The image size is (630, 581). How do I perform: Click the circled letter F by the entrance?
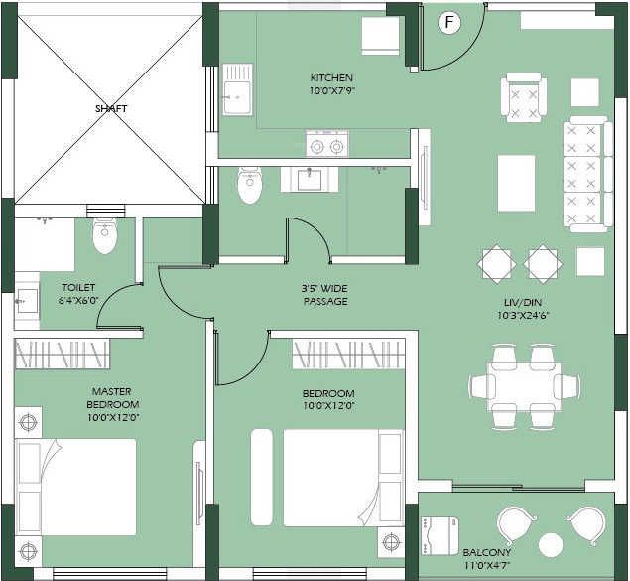449,22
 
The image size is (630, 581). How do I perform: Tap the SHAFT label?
111,108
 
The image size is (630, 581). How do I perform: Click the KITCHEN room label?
331,77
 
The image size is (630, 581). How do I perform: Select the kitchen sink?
237,89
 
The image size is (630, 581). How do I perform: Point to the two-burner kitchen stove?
327,144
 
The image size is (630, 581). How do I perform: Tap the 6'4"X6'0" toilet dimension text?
78,300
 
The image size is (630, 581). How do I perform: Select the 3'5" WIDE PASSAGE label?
325,295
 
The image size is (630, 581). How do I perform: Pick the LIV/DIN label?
522,302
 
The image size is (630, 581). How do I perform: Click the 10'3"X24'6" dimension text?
523,315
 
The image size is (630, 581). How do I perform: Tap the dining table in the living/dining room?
524,386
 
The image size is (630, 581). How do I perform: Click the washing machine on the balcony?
440,536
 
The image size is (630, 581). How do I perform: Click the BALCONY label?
487,552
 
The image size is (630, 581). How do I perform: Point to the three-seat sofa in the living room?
587,174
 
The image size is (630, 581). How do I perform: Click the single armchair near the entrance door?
524,97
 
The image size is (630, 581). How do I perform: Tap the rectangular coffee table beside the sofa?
516,183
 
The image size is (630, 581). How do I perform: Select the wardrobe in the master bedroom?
63,354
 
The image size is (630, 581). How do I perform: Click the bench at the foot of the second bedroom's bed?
262,478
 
